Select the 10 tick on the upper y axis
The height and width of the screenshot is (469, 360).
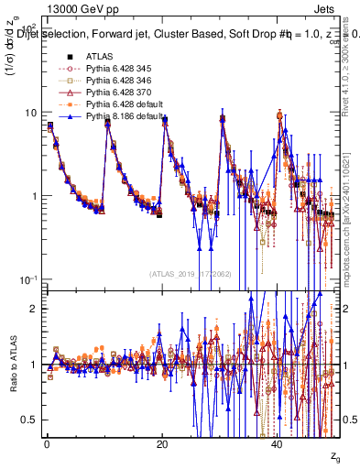(30, 113)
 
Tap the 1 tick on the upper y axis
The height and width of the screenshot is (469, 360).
(34, 196)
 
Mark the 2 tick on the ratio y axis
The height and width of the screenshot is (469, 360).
(34, 309)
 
